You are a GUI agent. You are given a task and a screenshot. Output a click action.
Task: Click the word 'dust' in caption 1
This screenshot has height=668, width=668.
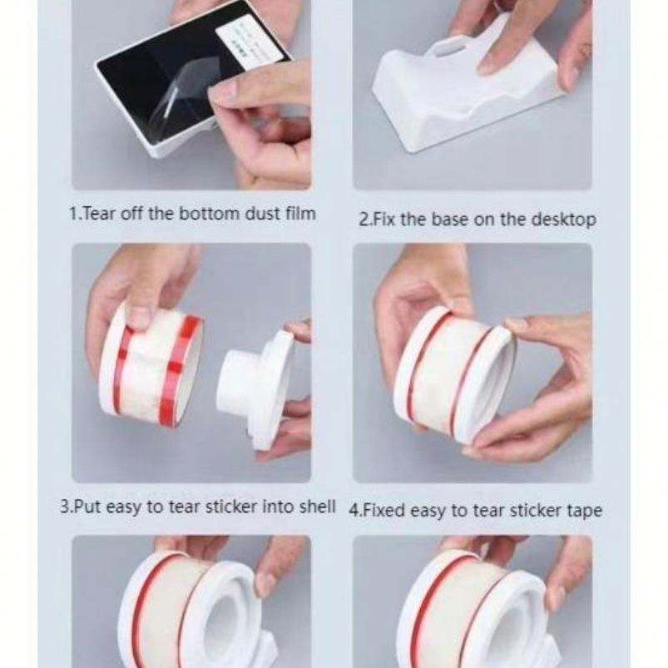pyautogui.click(x=262, y=214)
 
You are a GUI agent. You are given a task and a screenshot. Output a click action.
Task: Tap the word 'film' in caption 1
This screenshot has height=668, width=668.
pyautogui.click(x=300, y=213)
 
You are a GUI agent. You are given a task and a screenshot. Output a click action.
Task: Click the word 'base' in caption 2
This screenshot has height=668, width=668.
pyautogui.click(x=451, y=220)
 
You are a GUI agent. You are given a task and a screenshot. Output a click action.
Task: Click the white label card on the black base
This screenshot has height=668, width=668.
pyautogui.click(x=249, y=42)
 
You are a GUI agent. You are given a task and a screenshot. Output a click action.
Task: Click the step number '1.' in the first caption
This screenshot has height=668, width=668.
pyautogui.click(x=75, y=214)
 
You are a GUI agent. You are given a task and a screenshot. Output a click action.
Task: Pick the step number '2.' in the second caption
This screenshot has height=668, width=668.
pyautogui.click(x=365, y=220)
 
